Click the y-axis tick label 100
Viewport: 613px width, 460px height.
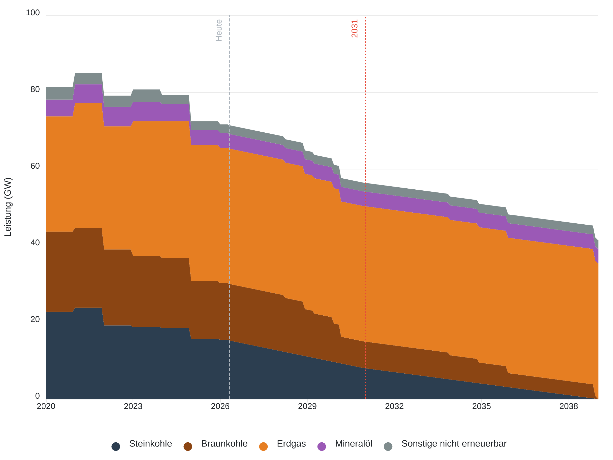[33, 13]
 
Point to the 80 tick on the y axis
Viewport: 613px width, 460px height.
[35, 89]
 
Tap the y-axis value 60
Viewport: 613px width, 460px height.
[35, 166]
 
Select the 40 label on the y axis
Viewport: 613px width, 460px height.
[35, 243]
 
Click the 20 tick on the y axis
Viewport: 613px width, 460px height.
[35, 319]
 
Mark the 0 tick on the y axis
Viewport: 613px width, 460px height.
[37, 396]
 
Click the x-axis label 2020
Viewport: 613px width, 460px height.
[46, 406]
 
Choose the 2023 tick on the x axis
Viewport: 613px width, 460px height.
[133, 406]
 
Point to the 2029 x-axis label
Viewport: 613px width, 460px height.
[307, 406]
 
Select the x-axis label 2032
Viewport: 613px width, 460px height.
[394, 406]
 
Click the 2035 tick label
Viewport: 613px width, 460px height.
[482, 406]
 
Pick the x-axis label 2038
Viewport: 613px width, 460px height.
[569, 406]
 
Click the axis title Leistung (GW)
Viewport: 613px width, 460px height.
[8, 207]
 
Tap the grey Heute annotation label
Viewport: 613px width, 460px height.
[219, 30]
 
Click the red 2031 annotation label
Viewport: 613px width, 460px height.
[355, 29]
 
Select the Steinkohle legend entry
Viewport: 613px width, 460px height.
[150, 444]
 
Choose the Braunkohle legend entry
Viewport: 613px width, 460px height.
[224, 444]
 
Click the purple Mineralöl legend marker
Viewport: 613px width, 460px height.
[322, 447]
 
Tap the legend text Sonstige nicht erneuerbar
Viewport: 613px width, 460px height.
[454, 444]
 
